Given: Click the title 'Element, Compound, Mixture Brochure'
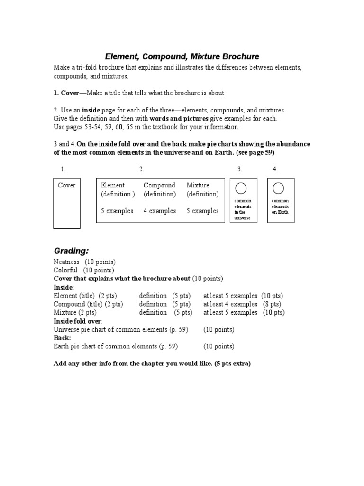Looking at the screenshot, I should [x=182, y=56].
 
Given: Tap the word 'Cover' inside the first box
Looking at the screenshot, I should [x=66, y=185].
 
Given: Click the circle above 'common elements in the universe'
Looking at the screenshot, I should [x=241, y=188].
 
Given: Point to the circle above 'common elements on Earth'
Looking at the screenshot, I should [x=278, y=188].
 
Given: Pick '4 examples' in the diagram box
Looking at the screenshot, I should [x=159, y=211].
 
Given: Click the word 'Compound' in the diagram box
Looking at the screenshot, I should [x=159, y=185].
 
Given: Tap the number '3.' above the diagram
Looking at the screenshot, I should [x=240, y=169].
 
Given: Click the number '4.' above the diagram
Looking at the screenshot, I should [x=275, y=169].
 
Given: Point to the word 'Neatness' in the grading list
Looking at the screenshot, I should [x=66, y=262].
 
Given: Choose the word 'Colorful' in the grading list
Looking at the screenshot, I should [x=65, y=270].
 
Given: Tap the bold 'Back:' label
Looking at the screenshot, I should [x=62, y=338].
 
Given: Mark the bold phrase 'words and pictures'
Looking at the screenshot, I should [x=179, y=119].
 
